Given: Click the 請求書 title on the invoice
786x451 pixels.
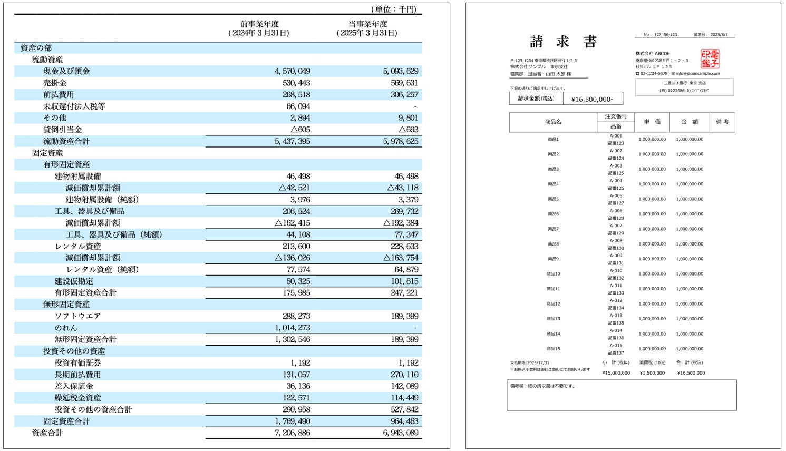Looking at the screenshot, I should click(562, 42).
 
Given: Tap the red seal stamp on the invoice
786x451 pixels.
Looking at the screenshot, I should click(710, 59).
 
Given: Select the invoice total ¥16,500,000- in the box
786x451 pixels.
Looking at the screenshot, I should click(593, 99).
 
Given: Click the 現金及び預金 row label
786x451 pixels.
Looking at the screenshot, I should click(66, 71).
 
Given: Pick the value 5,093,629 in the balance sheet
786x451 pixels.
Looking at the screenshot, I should click(400, 71).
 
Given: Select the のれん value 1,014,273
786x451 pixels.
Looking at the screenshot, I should click(293, 328).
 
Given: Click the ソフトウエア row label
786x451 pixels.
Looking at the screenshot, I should click(77, 316).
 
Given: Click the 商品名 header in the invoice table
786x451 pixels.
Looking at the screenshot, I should click(553, 122).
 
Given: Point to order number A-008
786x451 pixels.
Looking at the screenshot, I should click(616, 241).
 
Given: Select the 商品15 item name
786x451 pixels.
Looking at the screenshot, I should click(554, 349).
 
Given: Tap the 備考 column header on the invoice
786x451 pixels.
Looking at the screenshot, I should click(722, 122).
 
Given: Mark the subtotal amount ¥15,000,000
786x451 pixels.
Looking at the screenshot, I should click(616, 373).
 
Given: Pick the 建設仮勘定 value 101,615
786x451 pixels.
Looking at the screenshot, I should click(404, 281).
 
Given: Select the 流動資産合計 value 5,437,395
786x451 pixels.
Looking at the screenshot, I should click(293, 141).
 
